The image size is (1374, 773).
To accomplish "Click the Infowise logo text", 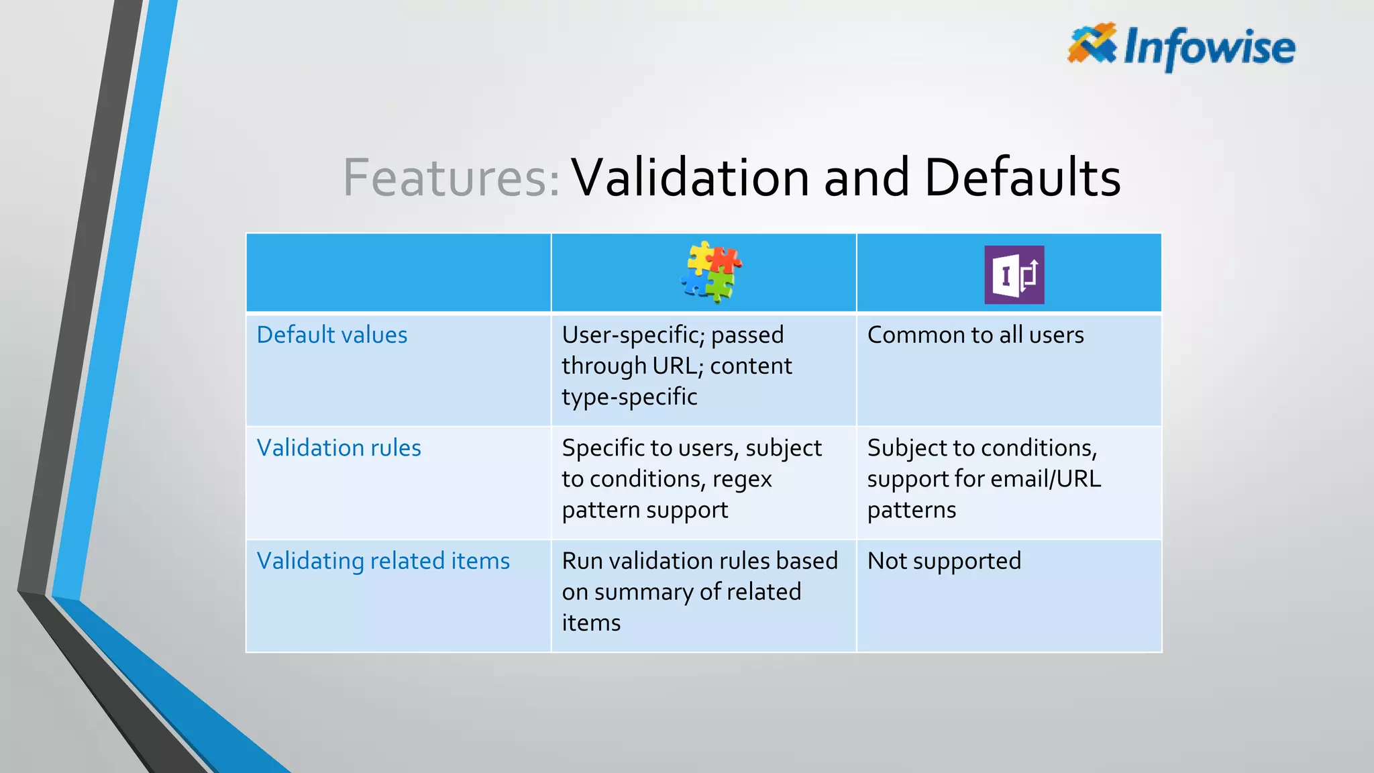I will [1209, 47].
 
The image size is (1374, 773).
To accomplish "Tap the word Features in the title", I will [451, 178].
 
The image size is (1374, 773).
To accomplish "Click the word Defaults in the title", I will [1022, 178].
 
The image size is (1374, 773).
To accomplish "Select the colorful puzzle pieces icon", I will [710, 272].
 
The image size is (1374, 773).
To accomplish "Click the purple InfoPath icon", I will [1014, 274].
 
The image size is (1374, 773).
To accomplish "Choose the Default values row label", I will [332, 335].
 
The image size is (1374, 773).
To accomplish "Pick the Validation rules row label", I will [339, 448].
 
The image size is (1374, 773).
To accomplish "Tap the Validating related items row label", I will [383, 561].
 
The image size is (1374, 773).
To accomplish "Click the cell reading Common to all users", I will [975, 335].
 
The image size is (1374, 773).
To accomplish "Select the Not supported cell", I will [944, 561].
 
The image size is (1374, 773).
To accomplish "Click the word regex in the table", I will [742, 480].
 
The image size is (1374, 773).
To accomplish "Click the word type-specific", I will [629, 397].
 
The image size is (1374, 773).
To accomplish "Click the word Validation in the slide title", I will [690, 178].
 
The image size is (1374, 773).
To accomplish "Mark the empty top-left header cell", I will [399, 273].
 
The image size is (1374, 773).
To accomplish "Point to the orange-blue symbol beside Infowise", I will [1092, 44].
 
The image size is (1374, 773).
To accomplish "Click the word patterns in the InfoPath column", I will [911, 511].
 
